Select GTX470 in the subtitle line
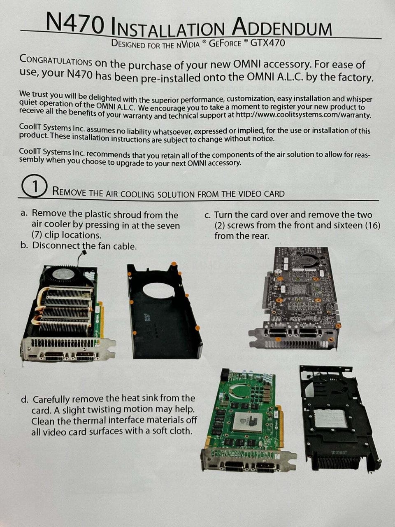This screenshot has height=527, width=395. coord(267,43)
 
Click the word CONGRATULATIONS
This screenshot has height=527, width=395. coord(56,60)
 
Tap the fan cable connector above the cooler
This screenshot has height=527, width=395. coord(84,252)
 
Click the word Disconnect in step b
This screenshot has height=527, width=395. coord(56,245)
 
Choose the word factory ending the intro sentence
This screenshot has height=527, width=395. coord(355,78)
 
